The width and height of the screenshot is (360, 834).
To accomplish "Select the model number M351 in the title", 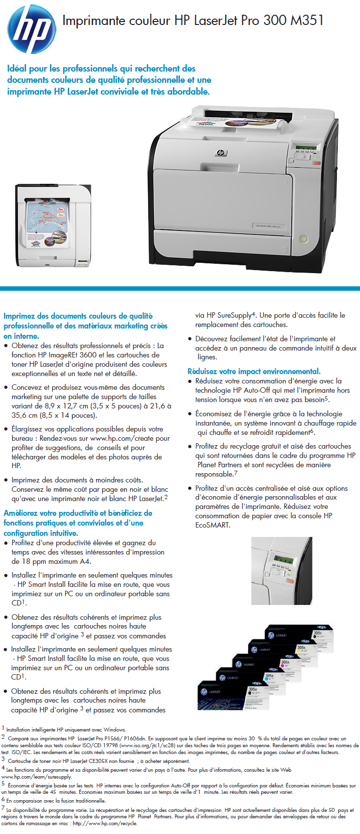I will coord(307,20).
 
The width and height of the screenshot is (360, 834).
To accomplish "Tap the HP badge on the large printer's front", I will coord(220,153).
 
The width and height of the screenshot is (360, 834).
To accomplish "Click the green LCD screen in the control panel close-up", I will coord(283,560).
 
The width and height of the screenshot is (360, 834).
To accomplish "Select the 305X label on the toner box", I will coord(317,633).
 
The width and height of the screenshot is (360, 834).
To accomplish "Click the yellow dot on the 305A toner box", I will coord(298,652).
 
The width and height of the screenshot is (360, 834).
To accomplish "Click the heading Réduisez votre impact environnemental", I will coord(254,371).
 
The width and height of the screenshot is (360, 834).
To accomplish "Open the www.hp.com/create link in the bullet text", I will coord(130,438).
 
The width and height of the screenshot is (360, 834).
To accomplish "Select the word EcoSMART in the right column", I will coord(213,525).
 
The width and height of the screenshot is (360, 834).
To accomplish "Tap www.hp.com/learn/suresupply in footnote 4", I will coord(37,777).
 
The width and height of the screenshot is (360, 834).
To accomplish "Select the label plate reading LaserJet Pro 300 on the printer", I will coord(268,226).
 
